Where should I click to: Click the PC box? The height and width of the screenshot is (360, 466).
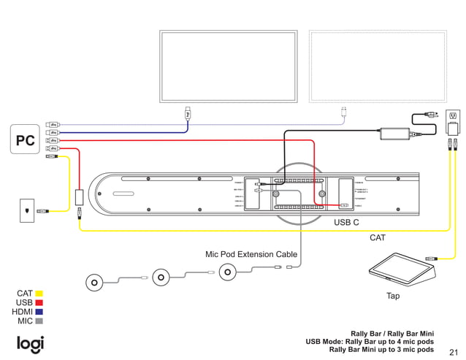(x=26, y=140)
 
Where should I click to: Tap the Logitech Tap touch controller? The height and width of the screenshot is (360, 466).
(x=402, y=268)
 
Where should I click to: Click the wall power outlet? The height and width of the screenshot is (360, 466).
(x=453, y=116)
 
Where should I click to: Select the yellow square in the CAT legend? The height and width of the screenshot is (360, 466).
(x=39, y=294)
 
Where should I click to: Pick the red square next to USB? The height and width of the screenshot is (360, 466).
(x=39, y=302)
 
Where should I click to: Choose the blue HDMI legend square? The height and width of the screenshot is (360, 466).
(x=39, y=312)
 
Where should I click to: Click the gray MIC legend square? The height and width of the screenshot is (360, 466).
(x=39, y=321)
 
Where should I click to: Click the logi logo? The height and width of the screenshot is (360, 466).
(x=30, y=343)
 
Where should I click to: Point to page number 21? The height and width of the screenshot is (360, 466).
(x=453, y=351)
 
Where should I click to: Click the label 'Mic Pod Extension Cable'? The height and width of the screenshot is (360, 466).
(x=251, y=255)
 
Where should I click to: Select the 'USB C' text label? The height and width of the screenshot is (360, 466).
(x=346, y=222)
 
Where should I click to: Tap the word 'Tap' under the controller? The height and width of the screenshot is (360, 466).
(x=393, y=296)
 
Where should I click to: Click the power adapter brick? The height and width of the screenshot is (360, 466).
(x=394, y=133)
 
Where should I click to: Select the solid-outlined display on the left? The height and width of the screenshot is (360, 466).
(x=228, y=67)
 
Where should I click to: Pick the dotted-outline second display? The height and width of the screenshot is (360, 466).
(x=378, y=67)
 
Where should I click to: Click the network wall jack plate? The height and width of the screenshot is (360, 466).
(x=28, y=210)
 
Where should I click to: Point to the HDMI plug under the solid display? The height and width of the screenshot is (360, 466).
(x=188, y=113)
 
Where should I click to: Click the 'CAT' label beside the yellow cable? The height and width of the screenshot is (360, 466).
(x=378, y=238)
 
